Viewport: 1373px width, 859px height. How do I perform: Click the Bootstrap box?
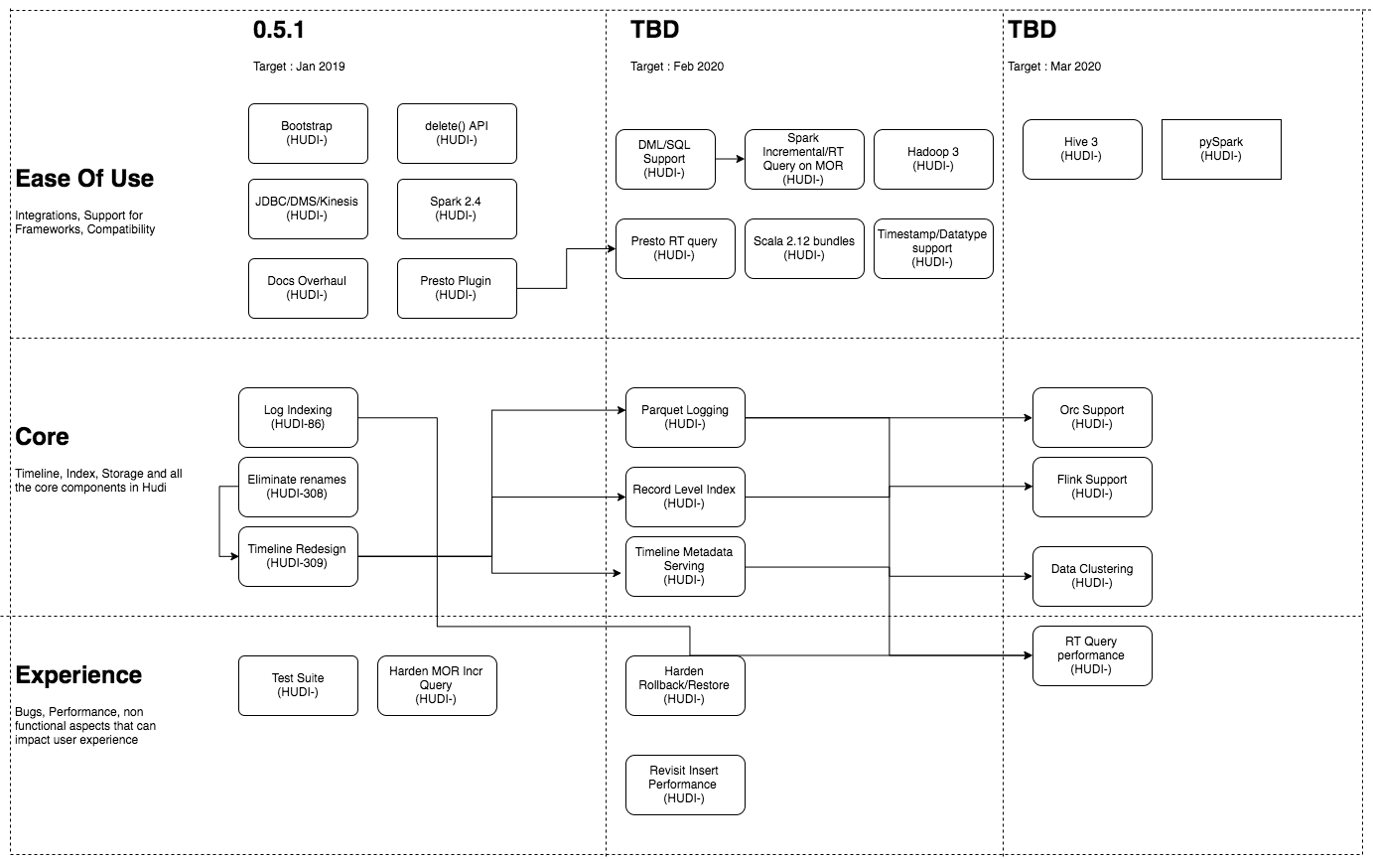[308, 133]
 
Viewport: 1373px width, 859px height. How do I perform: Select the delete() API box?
[457, 133]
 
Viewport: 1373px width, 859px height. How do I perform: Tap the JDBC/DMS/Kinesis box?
[308, 209]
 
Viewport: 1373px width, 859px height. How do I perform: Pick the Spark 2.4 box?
[457, 209]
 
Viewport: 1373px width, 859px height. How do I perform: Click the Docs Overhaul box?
[308, 288]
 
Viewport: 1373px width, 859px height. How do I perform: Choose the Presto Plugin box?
[457, 288]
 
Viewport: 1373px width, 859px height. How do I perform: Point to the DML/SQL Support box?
[665, 159]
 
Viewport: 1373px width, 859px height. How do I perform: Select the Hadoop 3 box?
[933, 159]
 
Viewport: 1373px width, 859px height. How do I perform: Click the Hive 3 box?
[1082, 149]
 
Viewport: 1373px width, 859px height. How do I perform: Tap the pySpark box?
[1221, 149]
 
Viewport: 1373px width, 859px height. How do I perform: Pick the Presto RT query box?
[675, 248]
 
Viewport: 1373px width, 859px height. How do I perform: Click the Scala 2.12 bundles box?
[804, 248]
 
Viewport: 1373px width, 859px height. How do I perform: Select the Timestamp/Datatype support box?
[933, 248]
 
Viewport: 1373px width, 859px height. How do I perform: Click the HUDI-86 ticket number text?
[298, 425]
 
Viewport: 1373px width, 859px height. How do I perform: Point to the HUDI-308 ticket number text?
[297, 495]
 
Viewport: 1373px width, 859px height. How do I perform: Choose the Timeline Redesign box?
[298, 556]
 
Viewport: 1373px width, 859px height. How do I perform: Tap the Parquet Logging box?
[685, 417]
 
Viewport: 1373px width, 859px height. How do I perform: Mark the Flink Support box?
[1092, 487]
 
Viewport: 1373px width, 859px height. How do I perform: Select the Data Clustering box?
[1092, 576]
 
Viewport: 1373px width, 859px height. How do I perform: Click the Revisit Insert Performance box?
[685, 785]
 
